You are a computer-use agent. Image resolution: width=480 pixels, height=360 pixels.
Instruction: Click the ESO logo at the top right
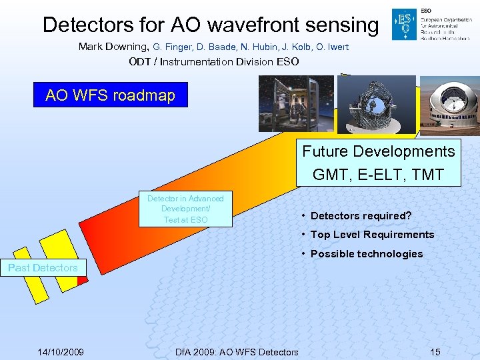[x=404, y=25]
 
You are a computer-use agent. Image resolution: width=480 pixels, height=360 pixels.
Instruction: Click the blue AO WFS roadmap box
[x=111, y=95]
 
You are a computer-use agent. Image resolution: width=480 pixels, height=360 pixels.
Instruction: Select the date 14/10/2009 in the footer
[x=60, y=351]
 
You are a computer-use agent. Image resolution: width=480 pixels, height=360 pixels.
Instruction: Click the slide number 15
[x=435, y=351]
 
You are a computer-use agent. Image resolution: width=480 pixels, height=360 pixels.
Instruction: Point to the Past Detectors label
[x=43, y=268]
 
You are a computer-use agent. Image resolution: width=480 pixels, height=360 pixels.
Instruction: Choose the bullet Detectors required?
[x=361, y=215]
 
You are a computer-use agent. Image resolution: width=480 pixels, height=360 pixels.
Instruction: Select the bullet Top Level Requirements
[x=372, y=234]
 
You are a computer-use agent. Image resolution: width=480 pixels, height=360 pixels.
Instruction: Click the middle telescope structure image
[x=376, y=103]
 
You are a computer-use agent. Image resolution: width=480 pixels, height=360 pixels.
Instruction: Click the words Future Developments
[x=379, y=151]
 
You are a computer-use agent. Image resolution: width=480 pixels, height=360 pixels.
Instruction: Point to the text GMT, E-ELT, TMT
[x=379, y=175]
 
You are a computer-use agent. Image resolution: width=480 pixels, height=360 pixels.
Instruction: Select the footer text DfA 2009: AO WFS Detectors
[x=236, y=351]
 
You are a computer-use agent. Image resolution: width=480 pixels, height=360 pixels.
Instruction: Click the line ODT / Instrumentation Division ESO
[x=214, y=62]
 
